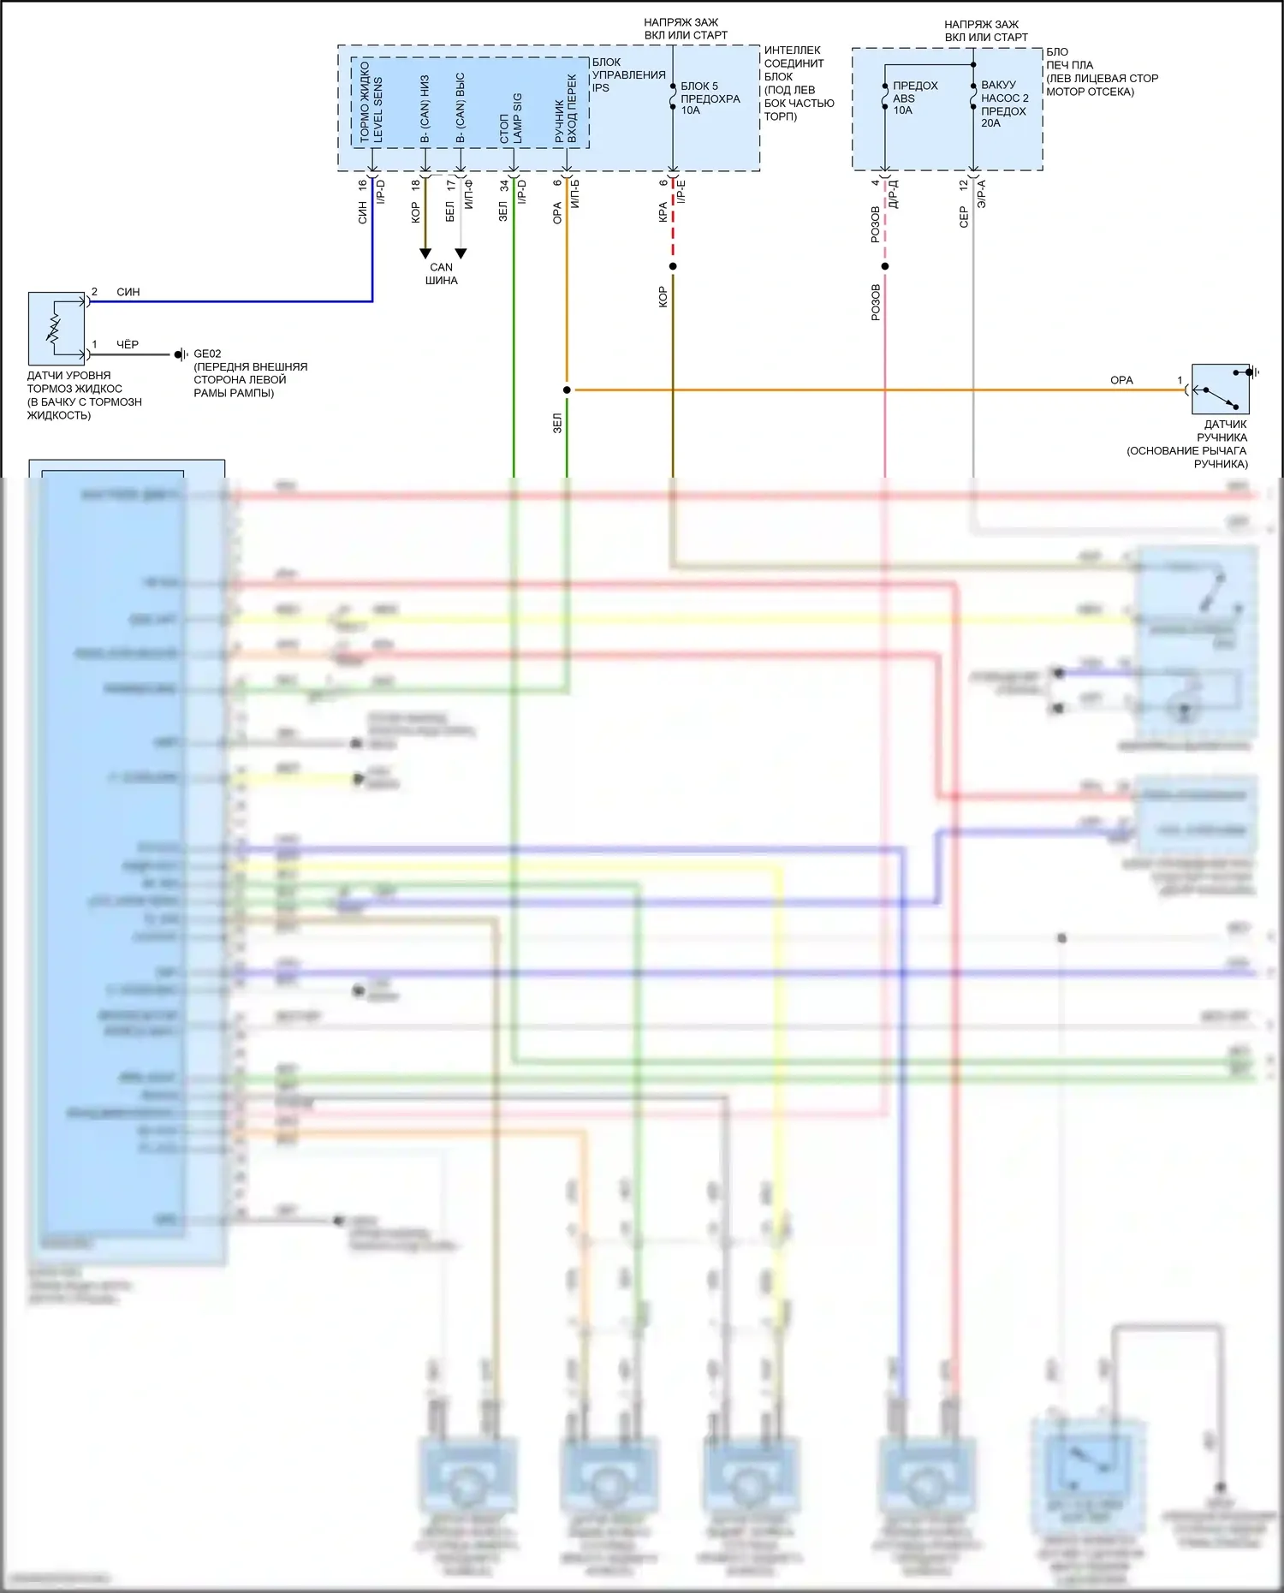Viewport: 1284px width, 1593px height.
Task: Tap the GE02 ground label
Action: point(207,354)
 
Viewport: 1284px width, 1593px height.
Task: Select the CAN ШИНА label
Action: point(442,274)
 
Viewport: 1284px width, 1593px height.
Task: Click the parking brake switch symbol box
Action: point(1220,389)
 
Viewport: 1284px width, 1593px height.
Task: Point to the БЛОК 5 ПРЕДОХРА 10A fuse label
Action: point(710,98)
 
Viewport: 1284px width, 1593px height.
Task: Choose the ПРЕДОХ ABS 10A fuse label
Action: point(914,98)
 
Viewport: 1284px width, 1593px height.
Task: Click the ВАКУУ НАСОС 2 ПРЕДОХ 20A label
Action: point(1004,104)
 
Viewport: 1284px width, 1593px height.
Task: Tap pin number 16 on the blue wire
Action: point(363,184)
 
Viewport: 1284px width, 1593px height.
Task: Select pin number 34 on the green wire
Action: point(504,185)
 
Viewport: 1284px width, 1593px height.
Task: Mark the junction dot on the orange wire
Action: point(567,390)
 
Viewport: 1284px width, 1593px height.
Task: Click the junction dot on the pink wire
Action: point(885,266)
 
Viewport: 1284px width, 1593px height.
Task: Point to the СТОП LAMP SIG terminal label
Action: point(511,118)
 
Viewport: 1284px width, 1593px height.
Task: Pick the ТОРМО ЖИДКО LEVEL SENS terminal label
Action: point(372,103)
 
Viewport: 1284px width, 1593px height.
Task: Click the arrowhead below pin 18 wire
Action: point(425,253)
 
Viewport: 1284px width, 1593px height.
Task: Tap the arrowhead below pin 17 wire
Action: point(461,253)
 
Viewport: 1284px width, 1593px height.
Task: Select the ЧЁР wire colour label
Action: point(128,344)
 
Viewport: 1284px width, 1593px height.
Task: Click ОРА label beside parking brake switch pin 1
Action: point(1121,380)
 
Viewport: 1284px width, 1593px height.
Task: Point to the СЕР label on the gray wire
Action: point(964,217)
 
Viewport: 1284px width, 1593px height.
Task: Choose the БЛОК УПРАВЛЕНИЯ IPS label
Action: point(628,74)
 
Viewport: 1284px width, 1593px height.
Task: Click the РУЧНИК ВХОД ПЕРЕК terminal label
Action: point(566,120)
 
